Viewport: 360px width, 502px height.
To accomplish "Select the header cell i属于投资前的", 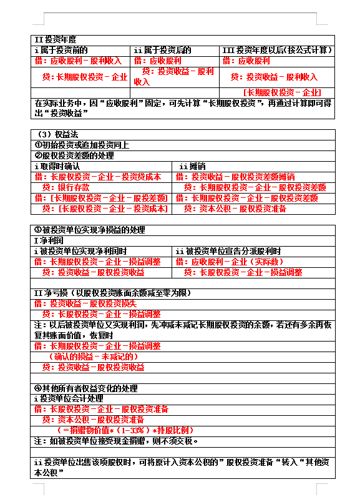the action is [x=61, y=50].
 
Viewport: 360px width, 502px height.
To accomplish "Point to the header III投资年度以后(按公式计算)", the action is [x=277, y=50].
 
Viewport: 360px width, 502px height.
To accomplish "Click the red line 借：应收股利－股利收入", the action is [x=78, y=61].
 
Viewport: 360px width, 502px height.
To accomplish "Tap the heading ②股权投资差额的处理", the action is [x=74, y=155].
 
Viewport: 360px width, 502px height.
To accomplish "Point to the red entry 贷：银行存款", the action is [x=66, y=187].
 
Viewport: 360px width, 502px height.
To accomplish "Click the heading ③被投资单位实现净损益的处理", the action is [x=89, y=230].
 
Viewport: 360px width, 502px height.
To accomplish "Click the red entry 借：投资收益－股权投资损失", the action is [x=84, y=303].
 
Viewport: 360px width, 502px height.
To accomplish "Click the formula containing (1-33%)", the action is [x=125, y=431].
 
